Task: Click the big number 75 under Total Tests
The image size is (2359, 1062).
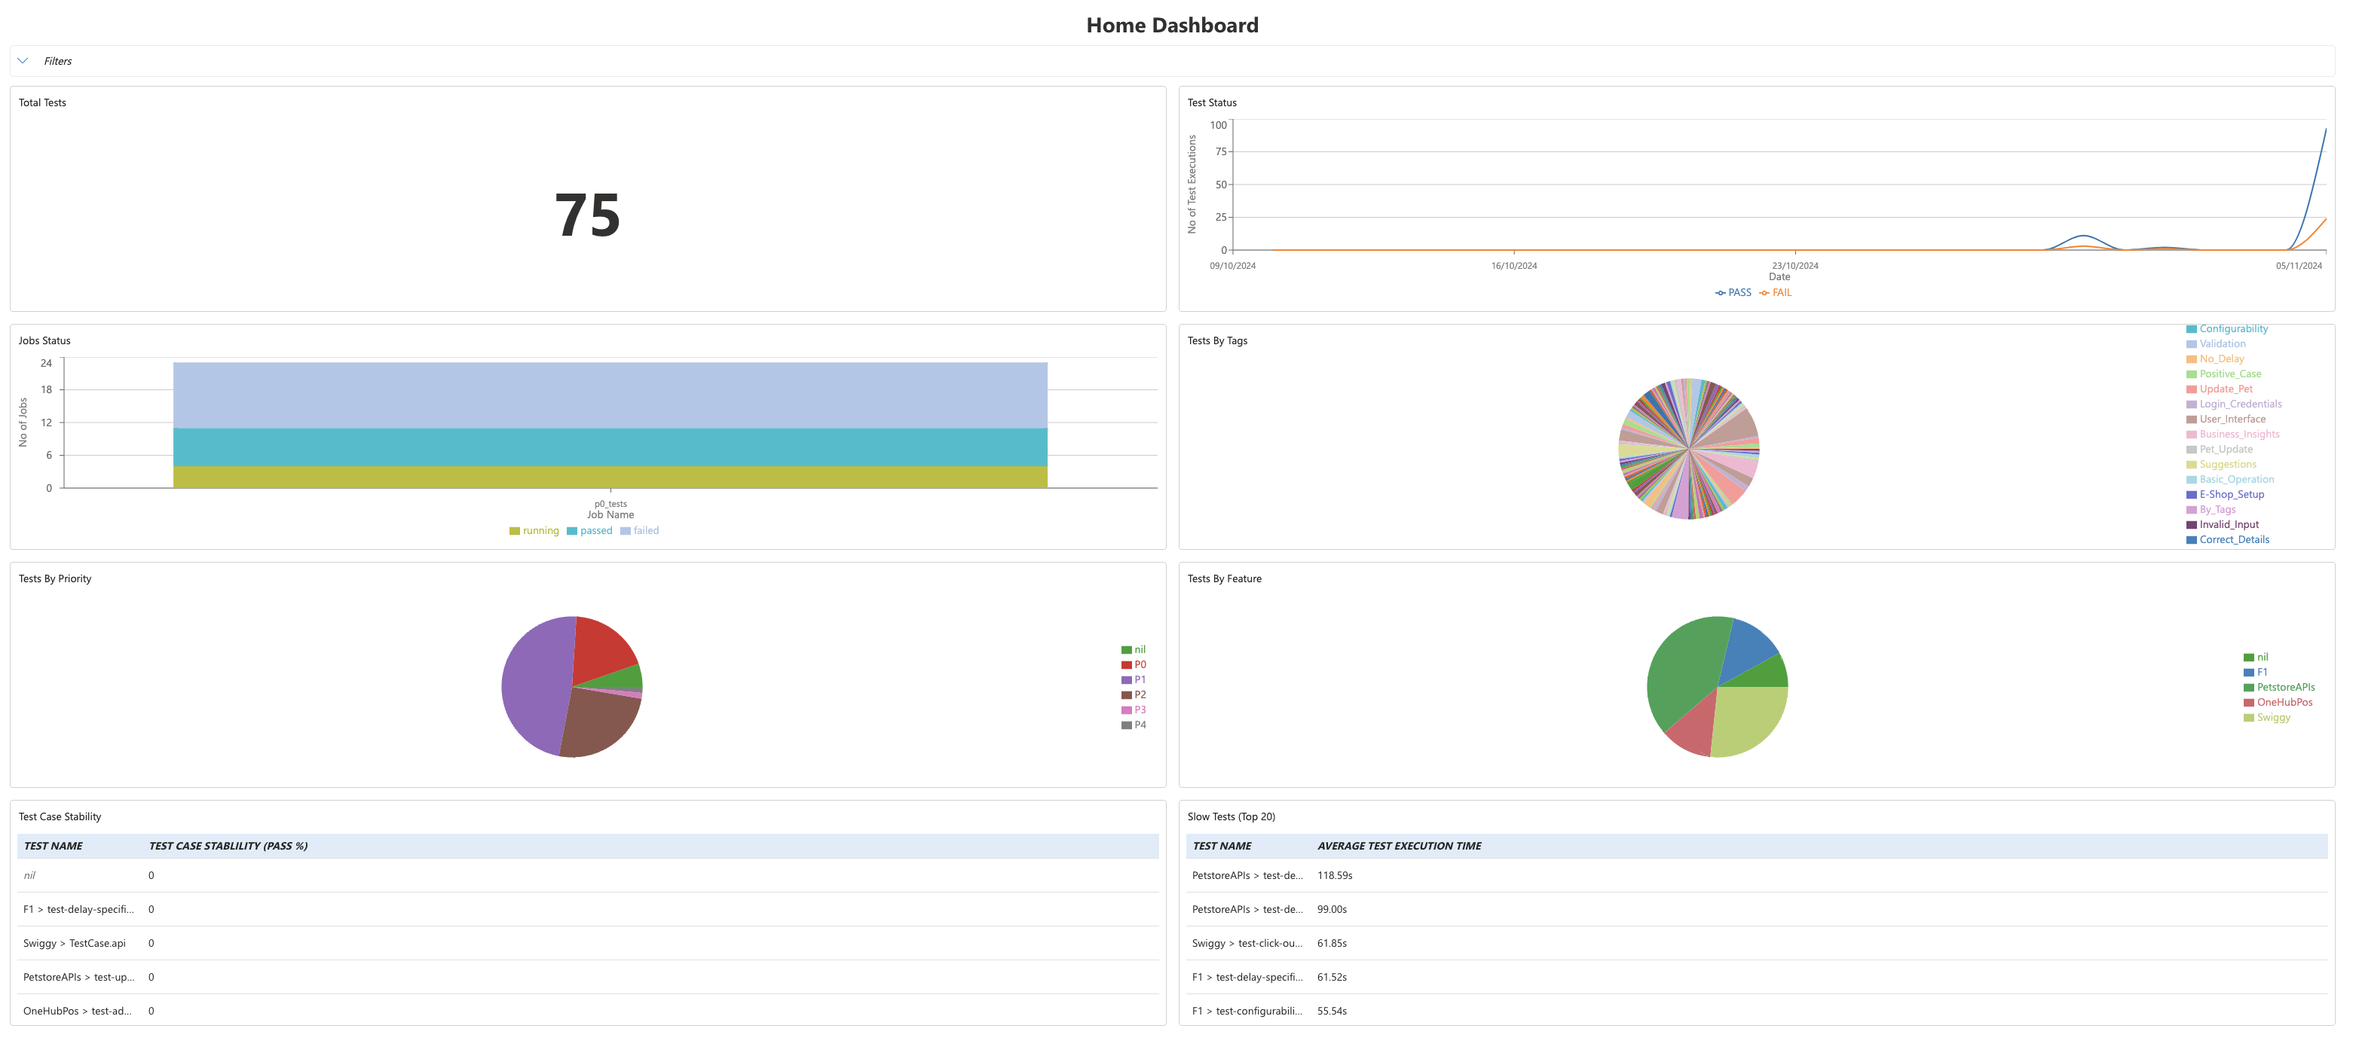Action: (587, 216)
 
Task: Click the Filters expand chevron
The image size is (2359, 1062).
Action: (23, 61)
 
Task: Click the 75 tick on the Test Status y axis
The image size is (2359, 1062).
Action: (1221, 152)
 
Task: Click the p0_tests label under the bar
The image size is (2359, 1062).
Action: (610, 504)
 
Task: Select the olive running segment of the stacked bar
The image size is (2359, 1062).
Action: (610, 477)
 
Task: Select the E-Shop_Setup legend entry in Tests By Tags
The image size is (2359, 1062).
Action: (2231, 494)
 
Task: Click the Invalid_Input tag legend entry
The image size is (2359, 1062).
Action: (2228, 524)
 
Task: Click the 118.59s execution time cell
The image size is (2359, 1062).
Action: (1334, 876)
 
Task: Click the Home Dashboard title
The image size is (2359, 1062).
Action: (1171, 26)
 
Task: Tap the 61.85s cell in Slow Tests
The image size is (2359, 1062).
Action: (1332, 944)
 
